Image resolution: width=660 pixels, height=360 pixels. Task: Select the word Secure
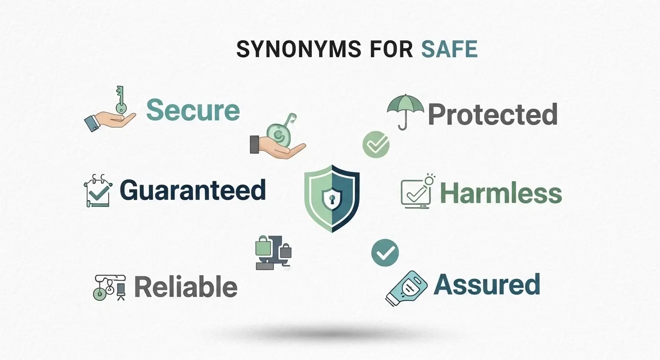click(x=193, y=111)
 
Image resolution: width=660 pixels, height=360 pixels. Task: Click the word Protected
click(x=493, y=114)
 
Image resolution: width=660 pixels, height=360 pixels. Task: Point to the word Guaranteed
click(x=193, y=190)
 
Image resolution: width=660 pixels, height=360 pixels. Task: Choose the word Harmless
click(x=501, y=193)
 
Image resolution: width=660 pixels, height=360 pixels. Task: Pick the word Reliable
click(x=186, y=286)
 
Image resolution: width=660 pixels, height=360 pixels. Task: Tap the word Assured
click(x=487, y=284)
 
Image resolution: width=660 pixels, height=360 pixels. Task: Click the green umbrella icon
click(x=405, y=111)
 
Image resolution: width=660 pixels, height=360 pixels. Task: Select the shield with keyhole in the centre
click(x=332, y=197)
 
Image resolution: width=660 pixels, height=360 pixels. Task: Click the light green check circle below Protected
click(x=376, y=144)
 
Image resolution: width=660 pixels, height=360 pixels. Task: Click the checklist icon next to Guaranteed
click(x=98, y=190)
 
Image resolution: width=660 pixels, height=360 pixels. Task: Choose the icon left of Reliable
click(x=110, y=286)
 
